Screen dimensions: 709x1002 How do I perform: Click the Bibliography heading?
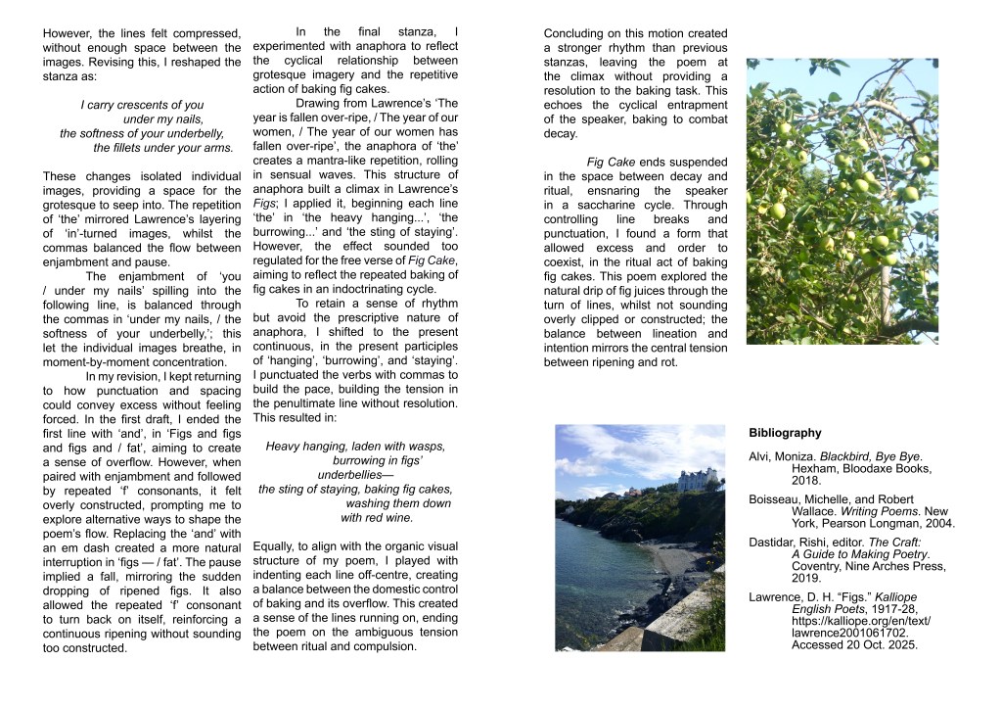click(x=785, y=433)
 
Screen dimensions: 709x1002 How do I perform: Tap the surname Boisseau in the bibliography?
click(x=774, y=498)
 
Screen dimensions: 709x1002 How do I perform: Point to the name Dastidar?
click(x=773, y=541)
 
